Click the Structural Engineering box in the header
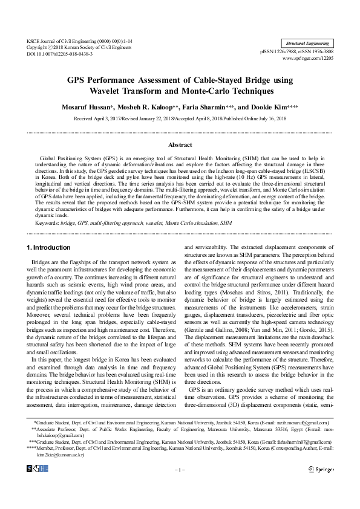point(307,44)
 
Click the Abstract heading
point(180,145)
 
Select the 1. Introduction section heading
point(49,248)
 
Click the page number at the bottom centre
point(180,468)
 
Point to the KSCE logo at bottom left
point(37,468)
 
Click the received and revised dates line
point(180,119)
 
